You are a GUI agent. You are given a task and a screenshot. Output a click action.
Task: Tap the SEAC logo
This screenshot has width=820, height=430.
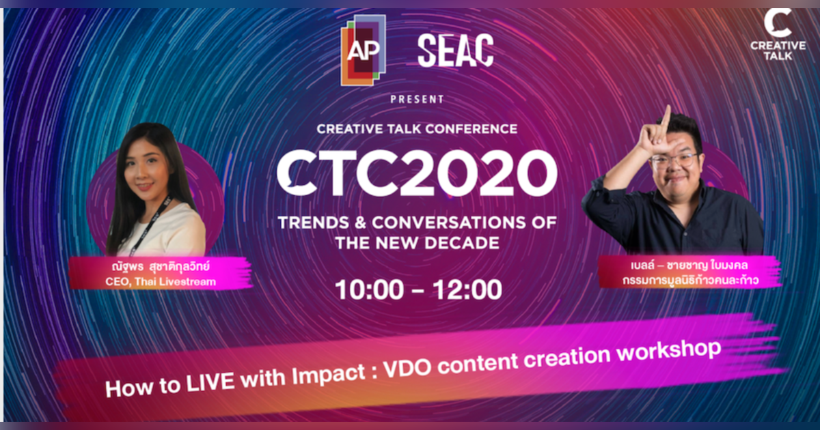tap(455, 51)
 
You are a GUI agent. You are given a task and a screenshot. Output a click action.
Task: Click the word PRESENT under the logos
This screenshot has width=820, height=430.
tap(417, 100)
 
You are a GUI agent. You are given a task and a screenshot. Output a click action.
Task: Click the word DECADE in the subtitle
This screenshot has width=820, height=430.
tap(465, 242)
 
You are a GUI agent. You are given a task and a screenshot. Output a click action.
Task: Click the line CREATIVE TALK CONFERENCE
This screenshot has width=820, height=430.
tap(417, 128)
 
